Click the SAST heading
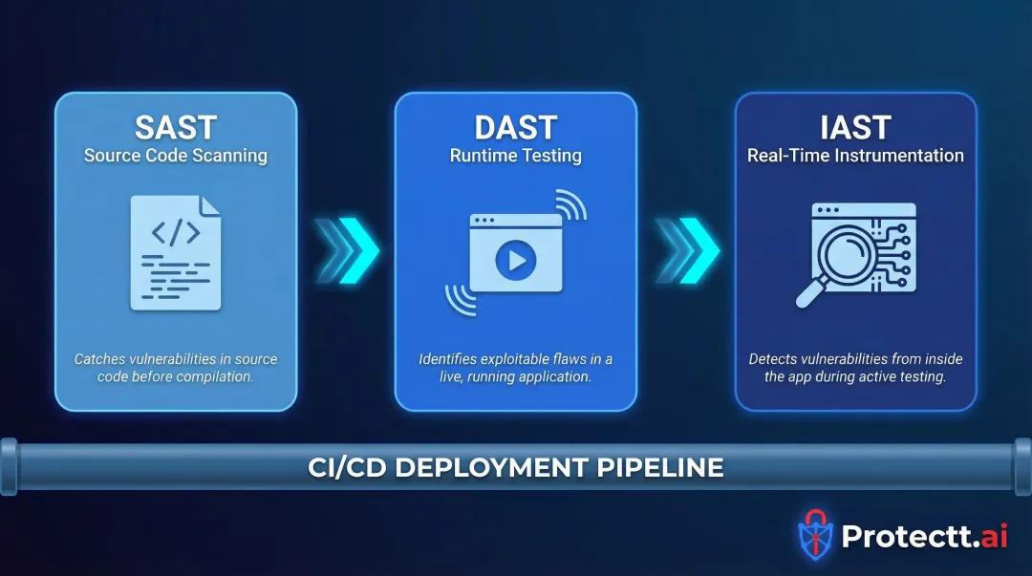[x=176, y=127]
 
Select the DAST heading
[x=516, y=127]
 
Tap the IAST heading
[x=855, y=127]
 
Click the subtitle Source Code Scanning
[x=176, y=156]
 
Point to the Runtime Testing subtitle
[x=516, y=156]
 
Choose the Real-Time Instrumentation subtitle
[x=855, y=156]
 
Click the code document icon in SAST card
[x=176, y=252]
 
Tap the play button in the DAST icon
[x=516, y=259]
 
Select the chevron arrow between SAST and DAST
[x=347, y=250]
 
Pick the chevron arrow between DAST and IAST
[x=686, y=250]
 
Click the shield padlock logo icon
[x=814, y=535]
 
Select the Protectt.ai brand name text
[x=924, y=536]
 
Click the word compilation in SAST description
[x=220, y=377]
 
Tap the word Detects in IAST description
[x=772, y=360]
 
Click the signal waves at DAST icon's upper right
[x=570, y=204]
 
